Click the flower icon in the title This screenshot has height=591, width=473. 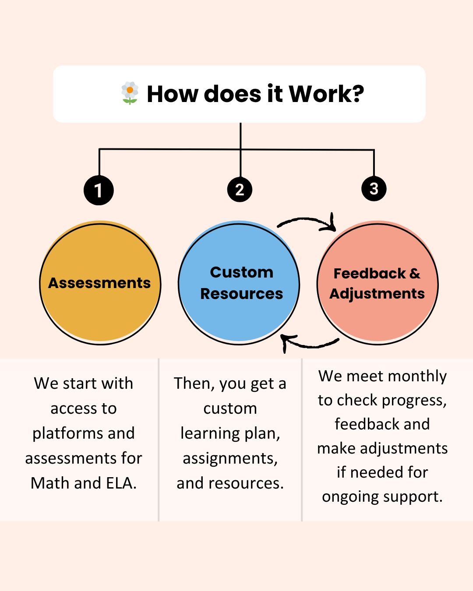click(130, 93)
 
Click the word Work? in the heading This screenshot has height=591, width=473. click(326, 94)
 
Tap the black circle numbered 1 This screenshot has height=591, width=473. click(99, 190)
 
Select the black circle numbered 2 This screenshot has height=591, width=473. click(240, 190)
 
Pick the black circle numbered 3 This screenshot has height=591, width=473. click(374, 189)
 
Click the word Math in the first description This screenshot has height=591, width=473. click(50, 483)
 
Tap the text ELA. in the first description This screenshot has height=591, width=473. click(121, 483)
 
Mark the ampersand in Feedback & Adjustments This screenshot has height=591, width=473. click(414, 274)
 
